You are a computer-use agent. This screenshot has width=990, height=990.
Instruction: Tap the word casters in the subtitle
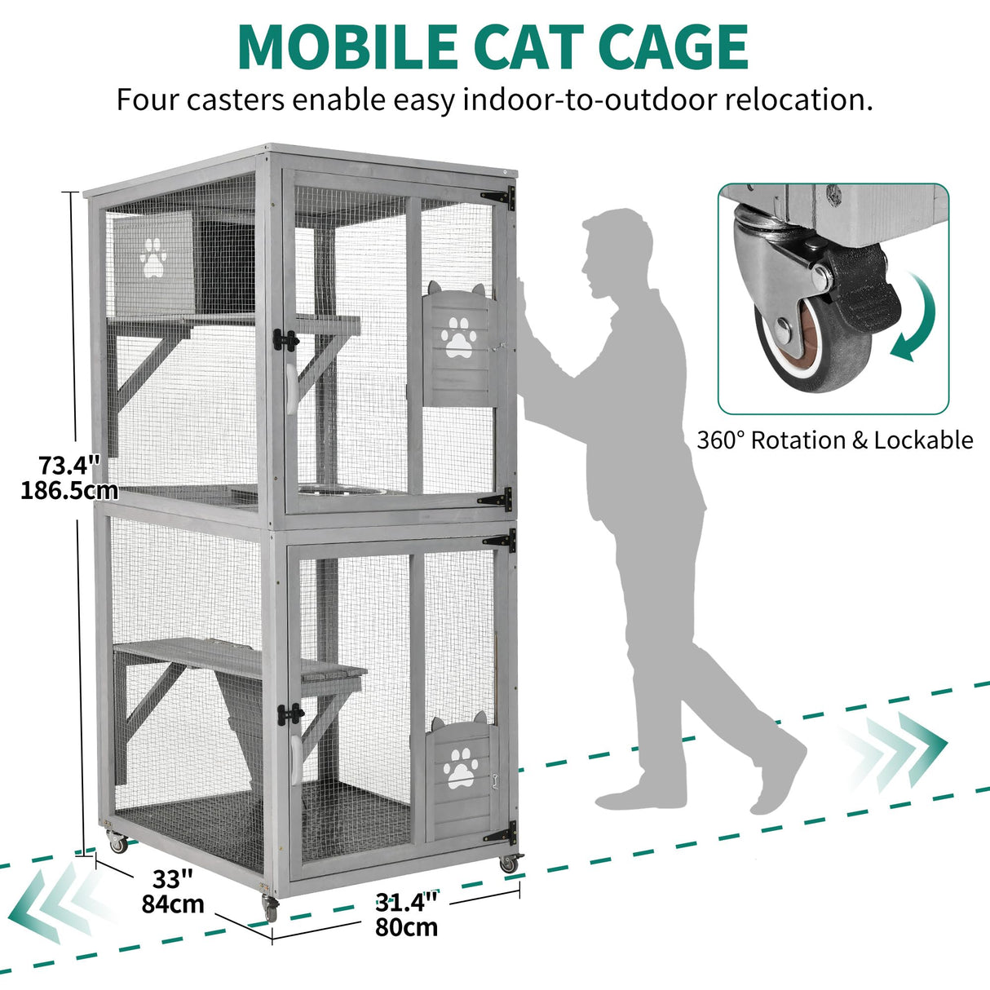(236, 100)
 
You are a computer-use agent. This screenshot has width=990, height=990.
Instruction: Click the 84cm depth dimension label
(172, 904)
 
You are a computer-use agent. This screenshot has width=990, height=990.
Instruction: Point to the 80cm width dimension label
(406, 927)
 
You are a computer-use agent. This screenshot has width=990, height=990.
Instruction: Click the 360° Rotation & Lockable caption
(834, 440)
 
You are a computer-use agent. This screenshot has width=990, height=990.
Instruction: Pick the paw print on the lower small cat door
(462, 767)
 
